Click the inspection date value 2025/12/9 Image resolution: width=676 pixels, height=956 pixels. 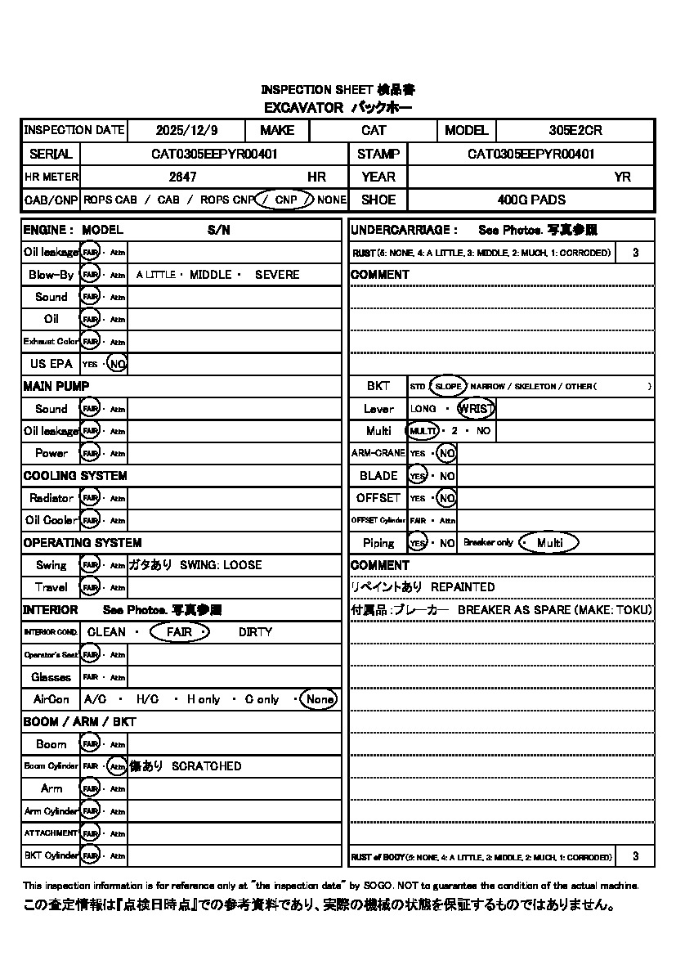(185, 130)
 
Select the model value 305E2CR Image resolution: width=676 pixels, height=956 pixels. (575, 130)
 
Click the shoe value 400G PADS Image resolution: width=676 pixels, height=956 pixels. (531, 200)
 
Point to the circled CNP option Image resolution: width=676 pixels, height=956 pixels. (285, 200)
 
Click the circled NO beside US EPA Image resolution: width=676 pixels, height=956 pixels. (118, 364)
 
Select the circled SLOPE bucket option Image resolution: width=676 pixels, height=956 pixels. (447, 386)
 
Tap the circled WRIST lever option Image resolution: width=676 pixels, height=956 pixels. (477, 409)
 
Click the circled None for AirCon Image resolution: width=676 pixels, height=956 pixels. (319, 699)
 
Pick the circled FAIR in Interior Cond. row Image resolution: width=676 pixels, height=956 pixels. (180, 632)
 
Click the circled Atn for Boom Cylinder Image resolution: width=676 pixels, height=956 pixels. (117, 766)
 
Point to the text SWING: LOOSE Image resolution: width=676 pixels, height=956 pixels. (221, 565)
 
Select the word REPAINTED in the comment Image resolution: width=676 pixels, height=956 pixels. (463, 587)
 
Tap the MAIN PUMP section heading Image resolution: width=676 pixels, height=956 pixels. (56, 386)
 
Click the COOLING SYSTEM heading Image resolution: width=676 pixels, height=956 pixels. (75, 476)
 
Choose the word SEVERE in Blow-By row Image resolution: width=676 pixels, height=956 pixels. (277, 275)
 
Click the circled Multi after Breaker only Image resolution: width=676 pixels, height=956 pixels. (549, 543)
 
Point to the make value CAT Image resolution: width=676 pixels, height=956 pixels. (374, 130)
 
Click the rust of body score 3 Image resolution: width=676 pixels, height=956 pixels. (636, 856)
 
